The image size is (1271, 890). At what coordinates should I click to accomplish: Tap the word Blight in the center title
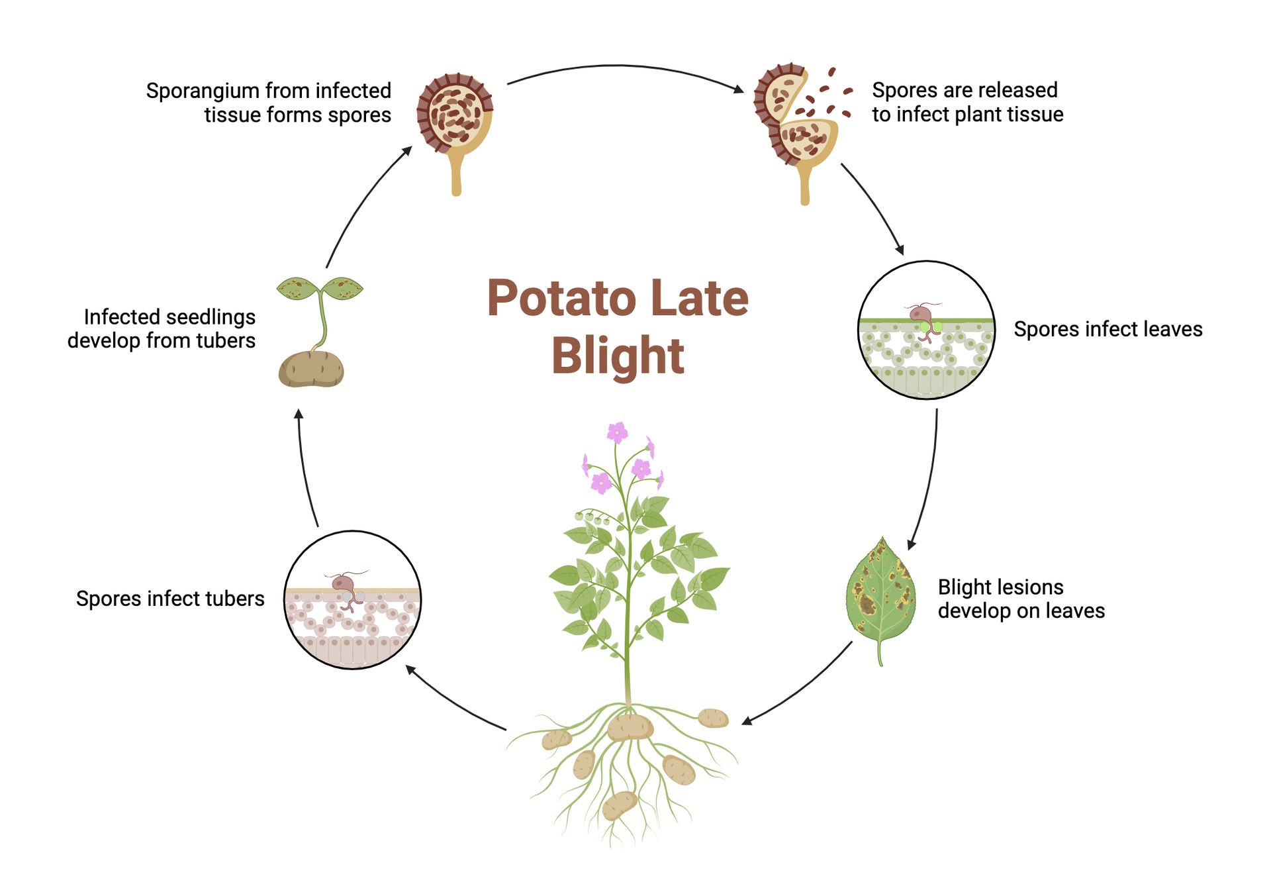617,356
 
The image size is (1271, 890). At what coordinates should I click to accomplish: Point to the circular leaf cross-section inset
926,330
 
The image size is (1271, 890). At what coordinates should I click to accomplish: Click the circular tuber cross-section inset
353,599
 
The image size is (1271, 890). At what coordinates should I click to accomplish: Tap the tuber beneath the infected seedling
311,369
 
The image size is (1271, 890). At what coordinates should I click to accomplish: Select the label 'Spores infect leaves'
1107,329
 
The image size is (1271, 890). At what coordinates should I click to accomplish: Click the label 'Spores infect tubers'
170,599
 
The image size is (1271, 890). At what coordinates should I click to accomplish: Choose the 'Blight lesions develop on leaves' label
1021,599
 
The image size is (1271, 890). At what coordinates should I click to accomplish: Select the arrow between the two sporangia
622,67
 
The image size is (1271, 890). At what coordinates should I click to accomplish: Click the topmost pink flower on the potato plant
617,432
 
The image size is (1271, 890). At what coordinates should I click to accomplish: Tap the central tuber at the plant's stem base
630,727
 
